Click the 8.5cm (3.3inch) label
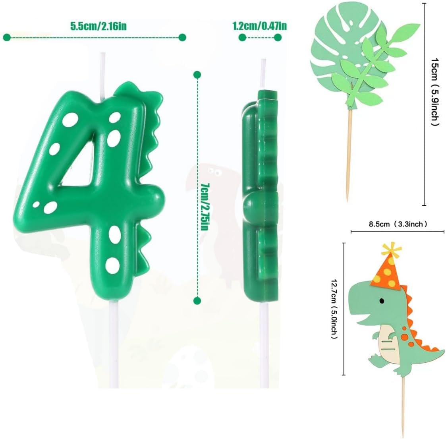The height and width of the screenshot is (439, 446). pyautogui.click(x=397, y=224)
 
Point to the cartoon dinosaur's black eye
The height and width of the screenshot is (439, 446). pyautogui.click(x=382, y=301)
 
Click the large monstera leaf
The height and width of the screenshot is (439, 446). pyautogui.click(x=338, y=60)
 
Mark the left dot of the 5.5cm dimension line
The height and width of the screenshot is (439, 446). pyautogui.click(x=7, y=37)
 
